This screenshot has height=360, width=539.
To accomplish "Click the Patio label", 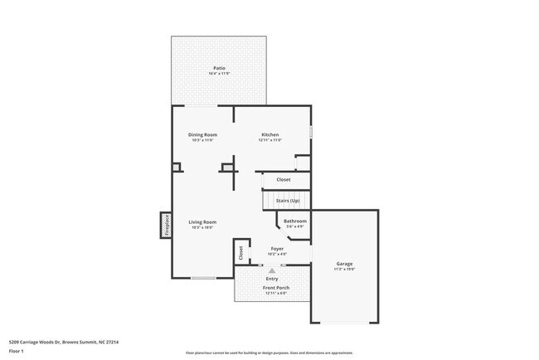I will click(219, 68).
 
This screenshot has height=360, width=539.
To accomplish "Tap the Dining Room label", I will click(203, 134).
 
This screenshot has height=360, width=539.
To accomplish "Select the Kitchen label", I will click(270, 134).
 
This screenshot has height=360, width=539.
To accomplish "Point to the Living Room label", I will click(202, 221).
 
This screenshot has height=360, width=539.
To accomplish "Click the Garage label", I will click(344, 264).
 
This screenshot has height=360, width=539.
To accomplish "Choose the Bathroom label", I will click(295, 221).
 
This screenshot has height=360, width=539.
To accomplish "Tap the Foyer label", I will click(278, 248).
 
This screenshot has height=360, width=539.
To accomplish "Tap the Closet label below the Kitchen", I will click(284, 179).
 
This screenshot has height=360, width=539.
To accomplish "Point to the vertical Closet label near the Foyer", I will click(240, 253).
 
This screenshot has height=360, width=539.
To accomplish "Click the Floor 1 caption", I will click(17, 351).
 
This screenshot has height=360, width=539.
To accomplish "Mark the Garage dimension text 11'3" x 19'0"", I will click(344, 270).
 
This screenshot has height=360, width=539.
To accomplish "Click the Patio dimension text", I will click(219, 74).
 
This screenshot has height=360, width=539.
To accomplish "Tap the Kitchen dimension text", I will click(270, 140).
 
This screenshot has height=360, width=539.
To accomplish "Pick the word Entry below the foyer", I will click(272, 278).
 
